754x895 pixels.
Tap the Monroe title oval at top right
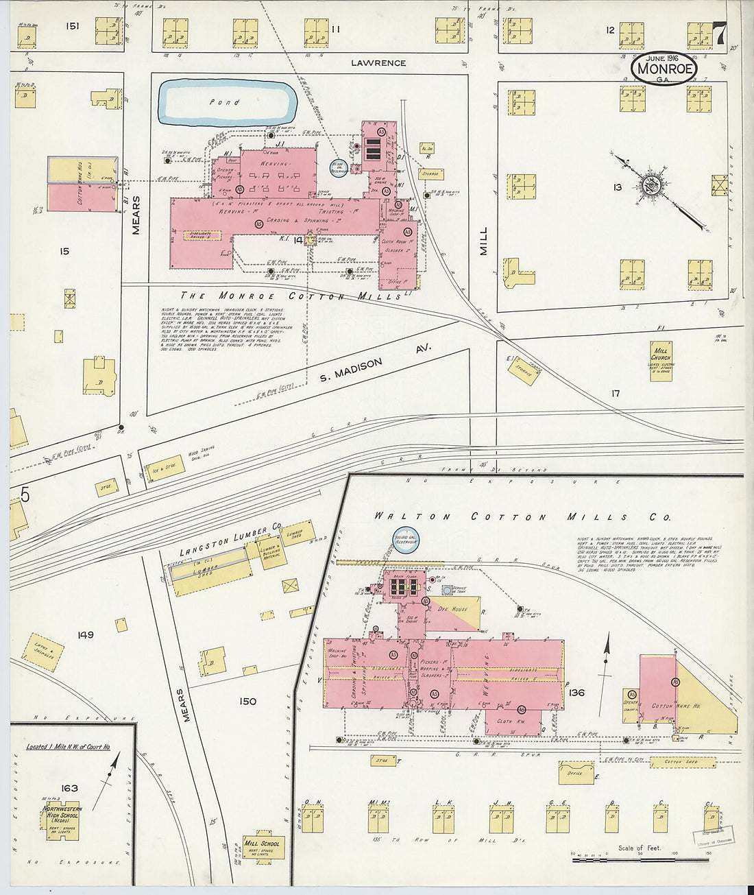[664, 69]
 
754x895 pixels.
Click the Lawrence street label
[378, 63]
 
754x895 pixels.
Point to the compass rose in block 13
[648, 183]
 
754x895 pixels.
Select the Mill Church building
[661, 361]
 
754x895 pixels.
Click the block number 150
[247, 701]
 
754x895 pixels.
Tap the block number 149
[85, 635]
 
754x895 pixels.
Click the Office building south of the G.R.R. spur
[576, 773]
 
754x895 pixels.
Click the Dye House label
[452, 608]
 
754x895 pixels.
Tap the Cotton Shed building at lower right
[681, 762]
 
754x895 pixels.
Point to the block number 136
[576, 693]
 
